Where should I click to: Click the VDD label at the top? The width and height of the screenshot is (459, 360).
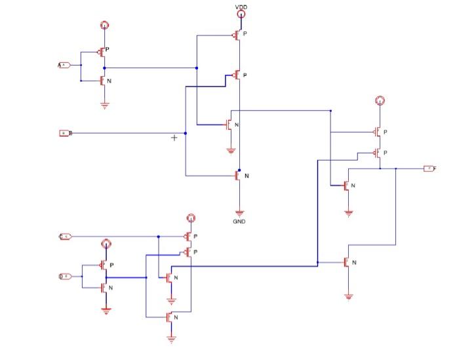pyautogui.click(x=241, y=7)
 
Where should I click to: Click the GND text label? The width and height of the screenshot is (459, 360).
pyautogui.click(x=239, y=222)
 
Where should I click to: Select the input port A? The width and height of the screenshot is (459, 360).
pyautogui.click(x=64, y=66)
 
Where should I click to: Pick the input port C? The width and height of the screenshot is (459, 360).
pyautogui.click(x=65, y=236)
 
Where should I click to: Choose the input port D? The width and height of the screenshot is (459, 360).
pyautogui.click(x=65, y=277)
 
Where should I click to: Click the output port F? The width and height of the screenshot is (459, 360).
pyautogui.click(x=429, y=169)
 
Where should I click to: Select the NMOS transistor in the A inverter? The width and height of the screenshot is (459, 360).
pyautogui.click(x=102, y=81)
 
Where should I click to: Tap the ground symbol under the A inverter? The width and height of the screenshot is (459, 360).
pyautogui.click(x=104, y=104)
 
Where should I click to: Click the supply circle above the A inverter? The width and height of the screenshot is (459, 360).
pyautogui.click(x=104, y=26)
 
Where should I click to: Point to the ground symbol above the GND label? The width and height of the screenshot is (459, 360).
pyautogui.click(x=239, y=212)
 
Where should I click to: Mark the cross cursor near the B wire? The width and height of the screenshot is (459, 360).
pyautogui.click(x=174, y=138)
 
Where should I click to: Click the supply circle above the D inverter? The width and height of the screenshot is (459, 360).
pyautogui.click(x=105, y=245)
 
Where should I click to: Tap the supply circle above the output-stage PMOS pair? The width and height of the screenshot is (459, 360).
pyautogui.click(x=379, y=100)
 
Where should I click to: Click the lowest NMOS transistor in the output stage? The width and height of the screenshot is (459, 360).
pyautogui.click(x=347, y=262)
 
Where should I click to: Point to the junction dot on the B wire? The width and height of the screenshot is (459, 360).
pyautogui.click(x=186, y=133)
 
